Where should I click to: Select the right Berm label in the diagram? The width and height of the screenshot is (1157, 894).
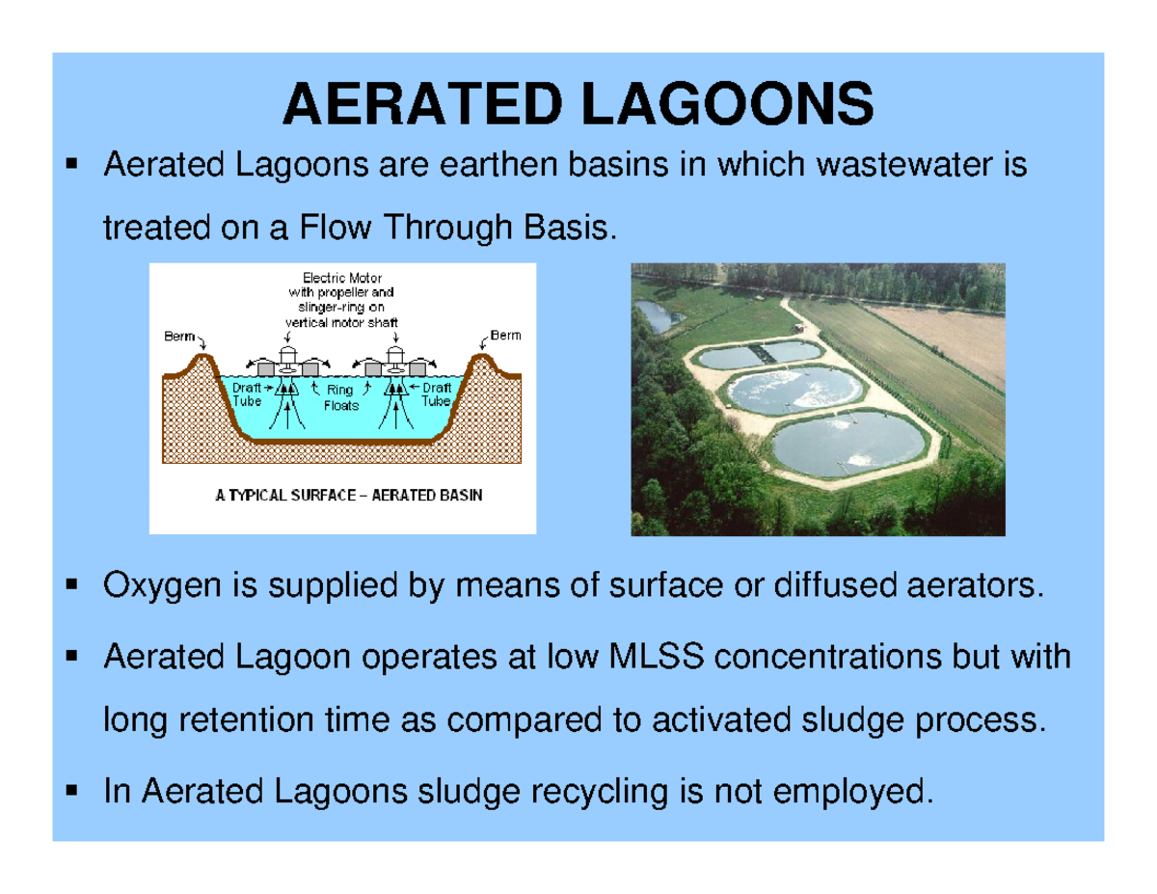[505, 336]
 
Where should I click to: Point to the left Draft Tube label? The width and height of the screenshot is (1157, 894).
[247, 393]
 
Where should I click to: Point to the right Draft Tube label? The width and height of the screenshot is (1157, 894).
[437, 393]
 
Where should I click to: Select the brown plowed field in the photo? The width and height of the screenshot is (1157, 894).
[940, 333]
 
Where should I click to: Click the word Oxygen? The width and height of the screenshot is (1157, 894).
[153, 585]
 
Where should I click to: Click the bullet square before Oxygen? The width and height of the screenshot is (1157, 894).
[71, 584]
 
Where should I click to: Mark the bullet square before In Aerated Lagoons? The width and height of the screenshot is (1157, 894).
[71, 792]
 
